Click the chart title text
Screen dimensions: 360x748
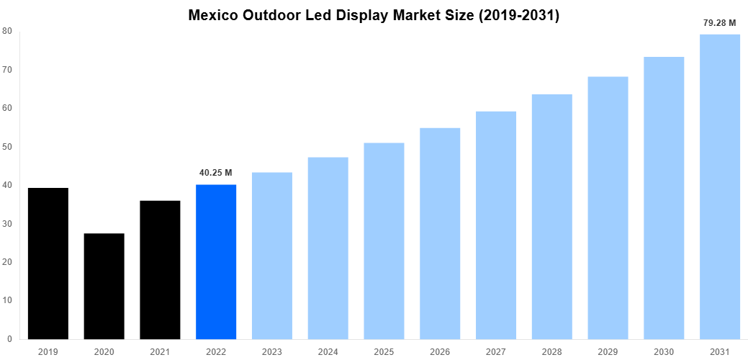(374, 15)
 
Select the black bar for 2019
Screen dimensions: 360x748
(48, 263)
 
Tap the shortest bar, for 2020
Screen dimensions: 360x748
(104, 286)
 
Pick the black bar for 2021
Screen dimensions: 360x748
(160, 270)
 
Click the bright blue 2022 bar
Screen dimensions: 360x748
(216, 262)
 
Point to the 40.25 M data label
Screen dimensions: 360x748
(216, 173)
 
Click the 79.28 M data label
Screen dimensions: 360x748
(719, 23)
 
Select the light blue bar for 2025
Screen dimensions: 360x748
(384, 240)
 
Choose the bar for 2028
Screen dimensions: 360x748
(552, 216)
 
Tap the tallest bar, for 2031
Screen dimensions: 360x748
(720, 186)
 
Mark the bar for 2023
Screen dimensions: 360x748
(272, 256)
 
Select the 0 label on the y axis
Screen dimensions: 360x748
(9, 339)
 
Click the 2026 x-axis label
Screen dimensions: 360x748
(440, 351)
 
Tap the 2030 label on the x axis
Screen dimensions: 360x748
(664, 351)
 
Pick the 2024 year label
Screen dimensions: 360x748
(328, 351)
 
